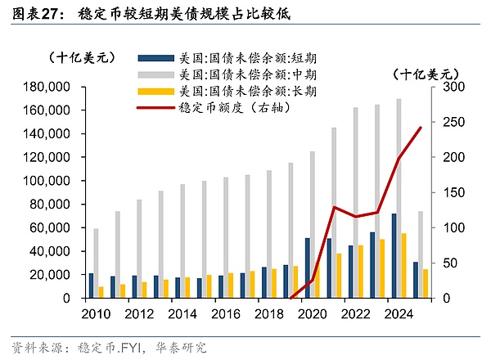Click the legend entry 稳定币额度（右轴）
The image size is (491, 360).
(x=238, y=106)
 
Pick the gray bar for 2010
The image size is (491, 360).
(x=97, y=263)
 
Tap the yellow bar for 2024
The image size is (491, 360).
(x=404, y=266)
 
